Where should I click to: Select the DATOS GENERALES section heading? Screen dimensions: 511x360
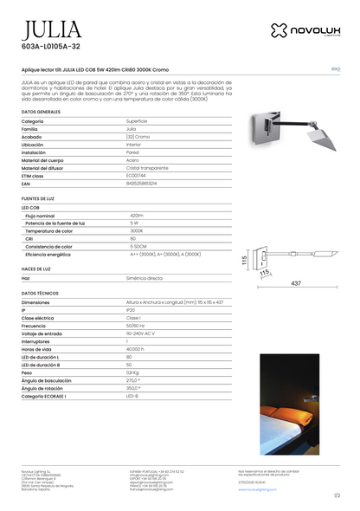pyautogui.click(x=41, y=112)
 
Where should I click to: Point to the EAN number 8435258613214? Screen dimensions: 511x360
pyautogui.click(x=142, y=184)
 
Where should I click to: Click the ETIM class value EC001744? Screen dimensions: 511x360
pyautogui.click(x=138, y=175)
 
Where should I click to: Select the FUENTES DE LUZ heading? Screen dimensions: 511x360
pyautogui.click(x=39, y=198)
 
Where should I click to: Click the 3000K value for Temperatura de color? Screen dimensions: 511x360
pyautogui.click(x=137, y=230)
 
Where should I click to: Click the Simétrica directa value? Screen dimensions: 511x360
pyautogui.click(x=145, y=278)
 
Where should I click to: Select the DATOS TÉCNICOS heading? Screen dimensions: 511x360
pyautogui.click(x=40, y=294)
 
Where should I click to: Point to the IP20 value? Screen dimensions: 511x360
pyautogui.click(x=131, y=309)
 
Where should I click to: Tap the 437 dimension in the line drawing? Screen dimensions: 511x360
pyautogui.click(x=295, y=282)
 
